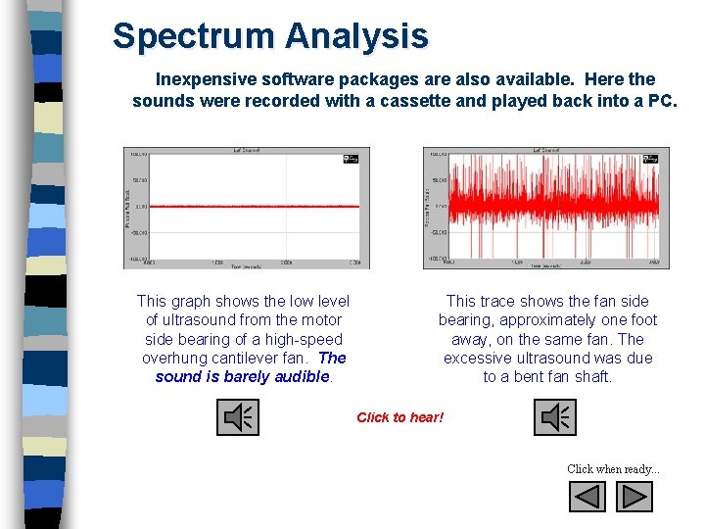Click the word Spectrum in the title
coord(194,36)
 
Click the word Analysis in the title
coord(357,36)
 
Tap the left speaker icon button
coord(237,418)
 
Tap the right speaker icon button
coord(555,418)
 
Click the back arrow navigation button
coord(587,497)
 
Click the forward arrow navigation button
coord(634,497)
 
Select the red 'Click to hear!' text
coord(399,417)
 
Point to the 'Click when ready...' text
coord(613,469)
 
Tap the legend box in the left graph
coord(352,158)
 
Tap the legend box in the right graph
coord(650,158)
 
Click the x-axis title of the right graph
coord(545,265)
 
